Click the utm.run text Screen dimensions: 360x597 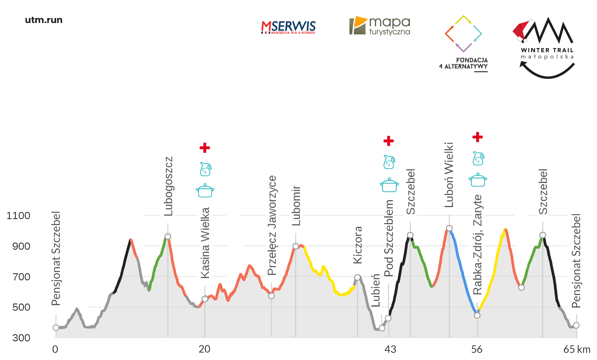[x=44, y=20]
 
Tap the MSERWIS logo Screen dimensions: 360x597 [x=288, y=27]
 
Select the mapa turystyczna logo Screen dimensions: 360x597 [x=380, y=26]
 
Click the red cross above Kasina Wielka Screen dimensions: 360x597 [x=205, y=147]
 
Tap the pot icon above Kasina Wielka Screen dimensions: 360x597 [x=205, y=190]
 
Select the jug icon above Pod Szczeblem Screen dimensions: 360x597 [x=389, y=162]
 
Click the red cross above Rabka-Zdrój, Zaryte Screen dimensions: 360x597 [x=478, y=137]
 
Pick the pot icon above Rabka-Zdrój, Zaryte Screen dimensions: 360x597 [x=478, y=180]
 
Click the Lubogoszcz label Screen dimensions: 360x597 [x=168, y=186]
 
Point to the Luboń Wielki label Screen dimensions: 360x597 [x=449, y=175]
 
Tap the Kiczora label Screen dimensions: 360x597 [x=358, y=245]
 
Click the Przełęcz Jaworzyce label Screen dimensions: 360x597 [x=272, y=225]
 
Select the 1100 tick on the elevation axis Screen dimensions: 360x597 [x=19, y=216]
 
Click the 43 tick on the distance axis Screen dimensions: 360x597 [x=390, y=349]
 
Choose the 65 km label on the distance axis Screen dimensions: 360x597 [x=577, y=349]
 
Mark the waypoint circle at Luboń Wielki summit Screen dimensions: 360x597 [x=449, y=228]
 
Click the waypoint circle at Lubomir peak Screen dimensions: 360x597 [x=296, y=246]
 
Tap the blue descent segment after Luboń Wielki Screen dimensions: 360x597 [x=463, y=275]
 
